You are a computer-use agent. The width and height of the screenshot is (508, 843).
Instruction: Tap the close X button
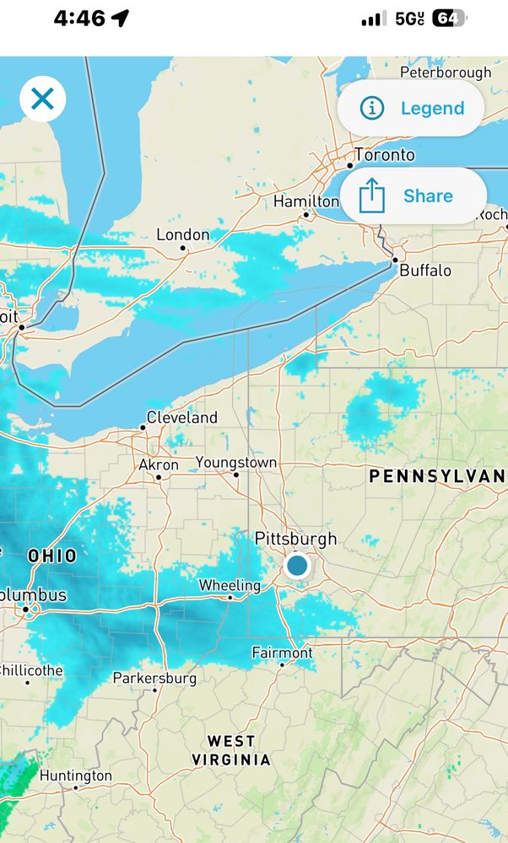42,99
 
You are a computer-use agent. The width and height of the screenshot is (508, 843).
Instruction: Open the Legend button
412,108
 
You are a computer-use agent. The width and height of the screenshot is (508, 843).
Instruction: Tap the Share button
412,196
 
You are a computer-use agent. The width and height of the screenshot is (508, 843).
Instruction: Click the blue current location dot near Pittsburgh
297,565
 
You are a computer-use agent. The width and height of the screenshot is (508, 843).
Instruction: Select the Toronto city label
385,155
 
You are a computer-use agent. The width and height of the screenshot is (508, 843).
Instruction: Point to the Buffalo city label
425,271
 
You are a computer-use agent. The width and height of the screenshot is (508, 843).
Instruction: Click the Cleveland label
181,417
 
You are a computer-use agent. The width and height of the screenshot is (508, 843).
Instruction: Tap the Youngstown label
236,463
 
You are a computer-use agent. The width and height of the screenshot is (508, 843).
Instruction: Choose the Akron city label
159,465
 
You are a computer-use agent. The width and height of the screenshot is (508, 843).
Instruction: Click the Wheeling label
230,585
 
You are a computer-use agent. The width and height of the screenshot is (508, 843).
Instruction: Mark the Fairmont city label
282,652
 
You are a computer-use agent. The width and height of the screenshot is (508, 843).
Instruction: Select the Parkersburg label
154,678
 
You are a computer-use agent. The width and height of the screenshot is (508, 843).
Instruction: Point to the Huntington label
76,776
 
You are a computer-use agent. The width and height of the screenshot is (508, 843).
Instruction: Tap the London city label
183,235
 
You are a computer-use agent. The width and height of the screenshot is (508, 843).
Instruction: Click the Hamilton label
305,201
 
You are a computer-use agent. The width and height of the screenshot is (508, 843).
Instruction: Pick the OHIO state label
51,556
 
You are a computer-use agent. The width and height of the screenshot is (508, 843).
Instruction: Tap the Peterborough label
446,72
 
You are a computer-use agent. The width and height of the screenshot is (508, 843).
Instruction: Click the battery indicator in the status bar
448,19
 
